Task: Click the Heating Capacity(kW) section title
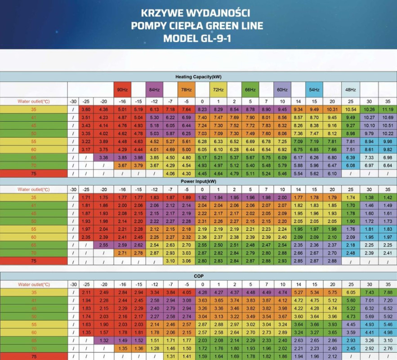pyautogui.click(x=198, y=77)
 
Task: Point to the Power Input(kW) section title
pyautogui.click(x=198, y=181)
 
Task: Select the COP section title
pyautogui.click(x=198, y=276)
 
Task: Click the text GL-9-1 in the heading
pyautogui.click(x=214, y=38)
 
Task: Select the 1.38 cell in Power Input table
pyautogui.click(x=369, y=198)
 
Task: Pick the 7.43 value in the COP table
pyautogui.click(x=369, y=292)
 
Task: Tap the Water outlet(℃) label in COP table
pyautogui.click(x=33, y=284)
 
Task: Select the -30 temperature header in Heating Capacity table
pyautogui.click(x=73, y=102)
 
